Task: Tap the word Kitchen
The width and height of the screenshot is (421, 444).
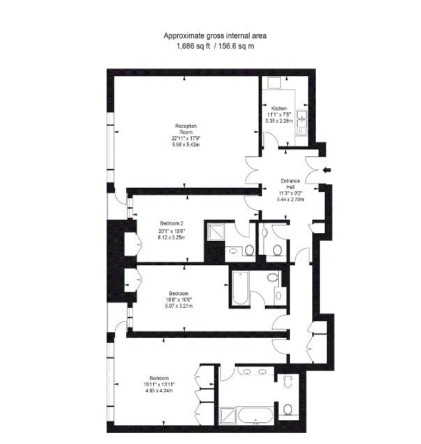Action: (280, 108)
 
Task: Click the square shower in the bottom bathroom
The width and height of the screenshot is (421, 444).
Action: (227, 417)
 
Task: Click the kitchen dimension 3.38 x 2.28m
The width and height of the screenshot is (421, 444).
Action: (279, 121)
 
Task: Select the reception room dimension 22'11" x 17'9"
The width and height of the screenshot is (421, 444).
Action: (185, 138)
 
